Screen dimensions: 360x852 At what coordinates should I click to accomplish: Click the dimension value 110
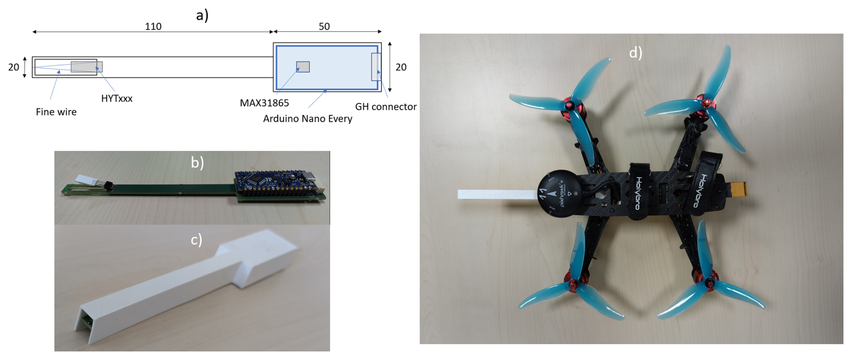tap(153, 27)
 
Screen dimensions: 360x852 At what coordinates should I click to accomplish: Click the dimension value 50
tap(324, 27)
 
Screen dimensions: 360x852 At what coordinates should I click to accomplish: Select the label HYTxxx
tap(117, 99)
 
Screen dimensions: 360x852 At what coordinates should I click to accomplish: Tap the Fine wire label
tap(56, 112)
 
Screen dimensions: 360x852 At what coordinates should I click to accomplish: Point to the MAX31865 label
tap(264, 103)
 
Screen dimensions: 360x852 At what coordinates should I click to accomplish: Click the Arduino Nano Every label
tap(308, 119)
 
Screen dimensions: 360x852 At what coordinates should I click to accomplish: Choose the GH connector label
tap(386, 107)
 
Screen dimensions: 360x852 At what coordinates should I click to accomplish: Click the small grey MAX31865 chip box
tap(303, 67)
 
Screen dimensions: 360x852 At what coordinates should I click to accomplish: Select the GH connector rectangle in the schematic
tap(376, 67)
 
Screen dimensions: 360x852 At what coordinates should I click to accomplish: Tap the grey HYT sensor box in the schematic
tap(86, 67)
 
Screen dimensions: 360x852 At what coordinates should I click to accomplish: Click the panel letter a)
tap(202, 15)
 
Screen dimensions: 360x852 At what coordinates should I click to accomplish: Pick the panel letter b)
tap(197, 162)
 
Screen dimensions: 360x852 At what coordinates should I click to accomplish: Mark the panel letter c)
tap(196, 239)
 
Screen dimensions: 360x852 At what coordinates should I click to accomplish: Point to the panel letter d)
tap(635, 53)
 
